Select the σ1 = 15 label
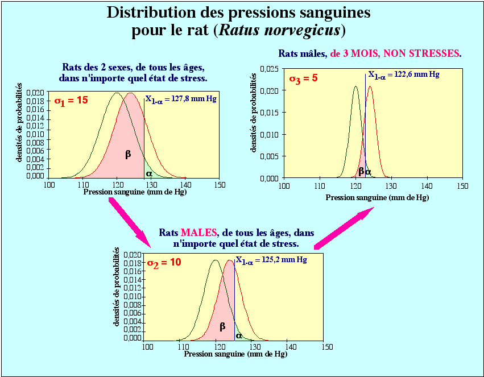(71, 100)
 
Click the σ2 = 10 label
(164, 263)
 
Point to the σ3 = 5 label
(303, 78)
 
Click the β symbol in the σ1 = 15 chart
(128, 154)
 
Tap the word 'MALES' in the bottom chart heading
(198, 233)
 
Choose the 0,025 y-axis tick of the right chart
(268, 69)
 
